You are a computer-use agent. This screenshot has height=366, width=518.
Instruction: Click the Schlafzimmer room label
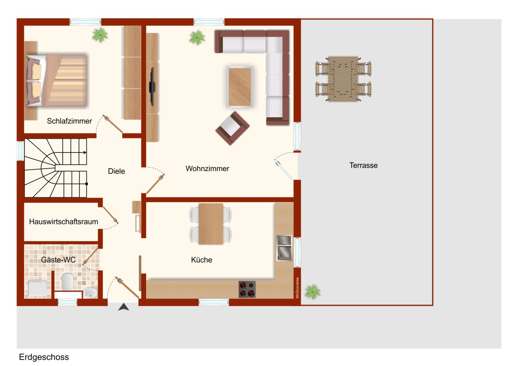tap(69, 121)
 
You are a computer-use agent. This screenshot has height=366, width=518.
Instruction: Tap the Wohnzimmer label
tap(207, 169)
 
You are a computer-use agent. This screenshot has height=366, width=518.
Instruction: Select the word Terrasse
tap(363, 165)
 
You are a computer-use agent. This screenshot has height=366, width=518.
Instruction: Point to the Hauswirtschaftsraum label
tap(64, 222)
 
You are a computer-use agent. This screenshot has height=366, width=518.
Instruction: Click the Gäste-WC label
tap(58, 260)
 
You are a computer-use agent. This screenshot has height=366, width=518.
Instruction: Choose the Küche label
tap(202, 260)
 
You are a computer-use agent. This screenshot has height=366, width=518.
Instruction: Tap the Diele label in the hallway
tap(117, 171)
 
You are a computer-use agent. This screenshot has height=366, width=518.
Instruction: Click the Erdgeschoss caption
tap(44, 357)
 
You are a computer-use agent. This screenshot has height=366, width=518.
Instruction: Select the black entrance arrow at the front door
tap(123, 307)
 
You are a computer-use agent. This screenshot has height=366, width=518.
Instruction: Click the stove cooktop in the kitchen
tap(247, 289)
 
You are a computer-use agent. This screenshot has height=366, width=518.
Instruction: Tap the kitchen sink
tap(284, 248)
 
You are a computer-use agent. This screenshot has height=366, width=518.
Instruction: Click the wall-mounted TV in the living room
tap(153, 86)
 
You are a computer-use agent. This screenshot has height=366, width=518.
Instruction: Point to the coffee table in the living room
tap(240, 87)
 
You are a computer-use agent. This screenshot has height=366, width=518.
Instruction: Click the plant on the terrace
tap(312, 291)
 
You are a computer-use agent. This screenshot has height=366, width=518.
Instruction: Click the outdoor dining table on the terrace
tap(343, 78)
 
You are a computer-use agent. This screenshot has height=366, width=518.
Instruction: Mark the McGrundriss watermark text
tap(297, 288)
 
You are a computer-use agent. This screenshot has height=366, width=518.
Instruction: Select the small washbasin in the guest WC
tap(90, 292)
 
